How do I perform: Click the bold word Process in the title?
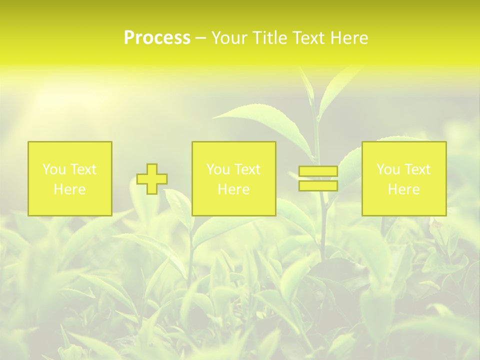[x=157, y=38]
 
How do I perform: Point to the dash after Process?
[x=201, y=38]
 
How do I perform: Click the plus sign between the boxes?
[x=152, y=179]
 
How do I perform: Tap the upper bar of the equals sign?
[x=318, y=171]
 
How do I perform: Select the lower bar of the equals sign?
[x=318, y=186]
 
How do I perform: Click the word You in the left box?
[x=53, y=169]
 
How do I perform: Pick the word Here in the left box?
[x=69, y=189]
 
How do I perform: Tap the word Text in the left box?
[x=82, y=169]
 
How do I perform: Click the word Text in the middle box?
[x=247, y=169]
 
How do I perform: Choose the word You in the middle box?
[x=218, y=169]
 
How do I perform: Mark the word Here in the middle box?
[x=233, y=189]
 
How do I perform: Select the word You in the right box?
[x=388, y=169]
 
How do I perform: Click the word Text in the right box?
[x=417, y=169]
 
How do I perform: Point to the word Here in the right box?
[x=403, y=189]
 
